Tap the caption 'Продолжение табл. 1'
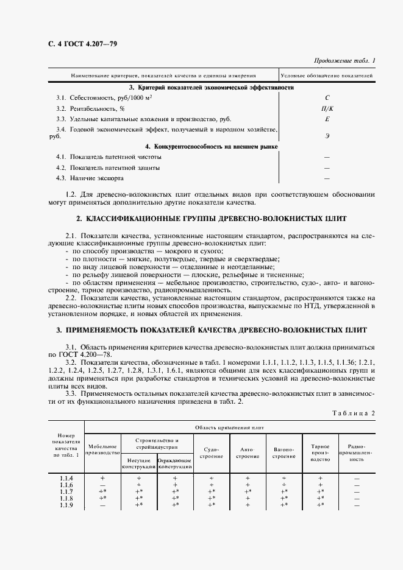[x=344, y=61]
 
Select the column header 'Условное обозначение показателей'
[x=327, y=76]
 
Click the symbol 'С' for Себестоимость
[x=327, y=97]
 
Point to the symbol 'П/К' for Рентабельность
[x=327, y=108]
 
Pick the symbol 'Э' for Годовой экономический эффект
[x=327, y=137]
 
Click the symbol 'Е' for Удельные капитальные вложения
[x=327, y=119]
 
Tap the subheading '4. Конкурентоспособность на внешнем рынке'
[x=212, y=147]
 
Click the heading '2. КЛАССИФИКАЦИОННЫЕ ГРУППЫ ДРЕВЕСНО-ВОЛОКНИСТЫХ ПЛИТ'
[x=212, y=219]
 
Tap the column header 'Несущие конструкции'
[x=139, y=463]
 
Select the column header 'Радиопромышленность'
[x=357, y=452]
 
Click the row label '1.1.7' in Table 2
[x=66, y=491]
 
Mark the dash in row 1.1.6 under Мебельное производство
[x=102, y=485]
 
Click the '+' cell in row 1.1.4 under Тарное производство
[x=320, y=478]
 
